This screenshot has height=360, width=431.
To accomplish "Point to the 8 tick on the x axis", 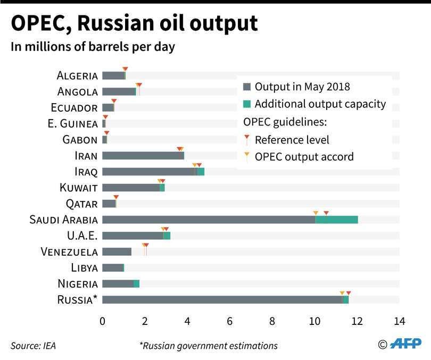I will click(x=272, y=321).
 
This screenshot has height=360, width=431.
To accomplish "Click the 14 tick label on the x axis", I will click(x=399, y=321).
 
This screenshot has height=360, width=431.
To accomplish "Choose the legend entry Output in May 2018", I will click(x=302, y=87).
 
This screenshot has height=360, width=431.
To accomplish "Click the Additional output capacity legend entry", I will click(x=320, y=104).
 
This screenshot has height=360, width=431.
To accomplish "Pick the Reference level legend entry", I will click(x=292, y=140).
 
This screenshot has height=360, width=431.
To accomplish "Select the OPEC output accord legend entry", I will click(x=304, y=157).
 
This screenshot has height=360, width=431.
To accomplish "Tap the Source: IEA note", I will click(x=33, y=346).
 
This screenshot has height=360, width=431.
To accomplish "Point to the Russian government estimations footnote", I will click(x=208, y=346).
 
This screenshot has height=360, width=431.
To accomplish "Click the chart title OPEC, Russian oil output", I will click(x=135, y=23).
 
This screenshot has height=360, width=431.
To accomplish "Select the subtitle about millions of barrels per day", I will click(x=93, y=47).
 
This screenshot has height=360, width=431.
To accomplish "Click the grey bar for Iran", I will click(x=142, y=156).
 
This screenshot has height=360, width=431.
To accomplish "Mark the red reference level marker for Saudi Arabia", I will click(x=326, y=213).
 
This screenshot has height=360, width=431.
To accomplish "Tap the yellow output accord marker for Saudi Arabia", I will click(x=316, y=213).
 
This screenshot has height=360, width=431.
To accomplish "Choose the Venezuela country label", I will click(x=69, y=252).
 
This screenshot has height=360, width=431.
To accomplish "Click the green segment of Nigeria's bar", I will click(x=137, y=284).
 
